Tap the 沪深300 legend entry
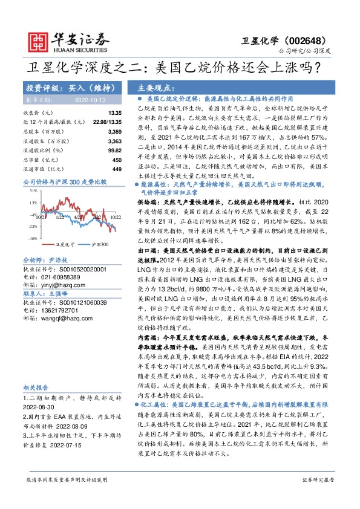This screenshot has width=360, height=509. click(95, 245)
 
